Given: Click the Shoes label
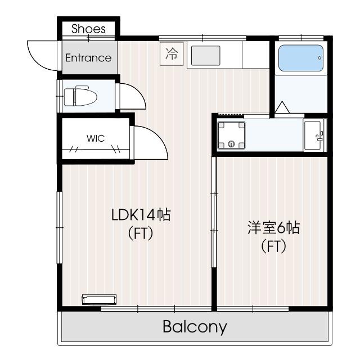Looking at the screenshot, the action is click(x=88, y=29).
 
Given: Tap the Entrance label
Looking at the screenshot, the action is click(x=88, y=58).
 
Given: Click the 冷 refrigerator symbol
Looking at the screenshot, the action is click(x=172, y=54).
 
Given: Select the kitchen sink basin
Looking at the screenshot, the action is click(x=205, y=55).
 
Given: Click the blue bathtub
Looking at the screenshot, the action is click(x=301, y=58).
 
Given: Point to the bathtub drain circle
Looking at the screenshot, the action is click(x=319, y=58).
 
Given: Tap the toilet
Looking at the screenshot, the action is click(x=80, y=96).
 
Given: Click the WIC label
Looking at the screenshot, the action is click(x=96, y=138).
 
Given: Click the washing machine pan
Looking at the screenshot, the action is click(x=231, y=135).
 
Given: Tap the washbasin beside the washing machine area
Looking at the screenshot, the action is click(x=314, y=135).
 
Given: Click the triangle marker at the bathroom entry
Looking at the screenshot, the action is click(x=282, y=107).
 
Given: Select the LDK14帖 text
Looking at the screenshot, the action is click(x=141, y=215).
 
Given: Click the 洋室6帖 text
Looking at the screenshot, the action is click(x=273, y=227).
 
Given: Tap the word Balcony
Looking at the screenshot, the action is click(x=195, y=327).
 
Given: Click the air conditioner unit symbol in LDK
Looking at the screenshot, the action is click(x=99, y=299).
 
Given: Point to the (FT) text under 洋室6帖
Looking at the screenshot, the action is click(x=273, y=246).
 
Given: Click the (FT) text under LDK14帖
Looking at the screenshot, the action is click(x=141, y=233).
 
